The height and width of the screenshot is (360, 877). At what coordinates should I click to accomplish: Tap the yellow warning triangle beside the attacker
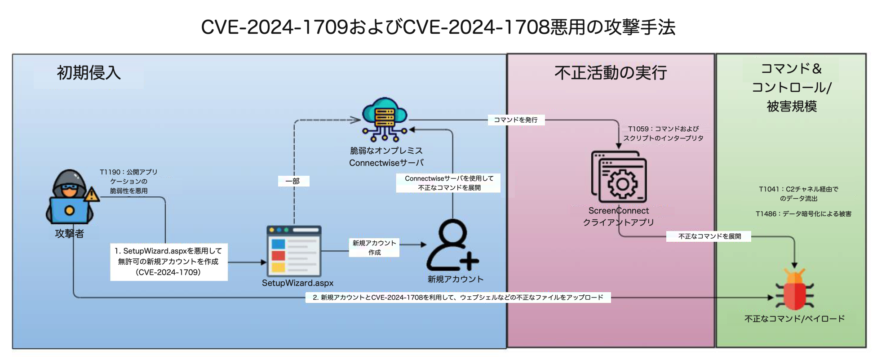(x=92, y=195)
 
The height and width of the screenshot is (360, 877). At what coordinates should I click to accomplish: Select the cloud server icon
(x=385, y=119)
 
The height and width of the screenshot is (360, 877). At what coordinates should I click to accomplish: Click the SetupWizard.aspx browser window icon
(x=294, y=251)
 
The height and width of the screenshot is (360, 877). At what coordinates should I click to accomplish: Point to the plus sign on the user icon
(x=469, y=260)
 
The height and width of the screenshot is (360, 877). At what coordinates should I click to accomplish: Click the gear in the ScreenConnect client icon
(x=622, y=183)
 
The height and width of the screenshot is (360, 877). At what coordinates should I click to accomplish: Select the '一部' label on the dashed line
(x=293, y=181)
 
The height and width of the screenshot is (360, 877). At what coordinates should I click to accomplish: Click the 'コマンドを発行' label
(x=516, y=120)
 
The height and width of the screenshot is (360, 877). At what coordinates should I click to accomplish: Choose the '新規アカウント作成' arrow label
(x=374, y=248)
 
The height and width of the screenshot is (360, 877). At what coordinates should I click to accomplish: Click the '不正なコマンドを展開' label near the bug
(x=709, y=236)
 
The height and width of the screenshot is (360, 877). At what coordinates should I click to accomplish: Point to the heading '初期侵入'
(x=89, y=73)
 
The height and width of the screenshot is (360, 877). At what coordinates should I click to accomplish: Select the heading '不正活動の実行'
(x=611, y=73)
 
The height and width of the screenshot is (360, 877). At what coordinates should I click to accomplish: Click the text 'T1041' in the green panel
(x=768, y=189)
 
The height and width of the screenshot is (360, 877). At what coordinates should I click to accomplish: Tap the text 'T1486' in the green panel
(x=766, y=214)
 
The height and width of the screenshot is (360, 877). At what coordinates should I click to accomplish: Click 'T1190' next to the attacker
(x=110, y=172)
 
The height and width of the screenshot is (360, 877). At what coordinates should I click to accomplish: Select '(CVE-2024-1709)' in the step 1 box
(x=168, y=272)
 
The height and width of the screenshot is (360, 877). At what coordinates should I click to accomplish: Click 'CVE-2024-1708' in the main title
(x=476, y=27)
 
